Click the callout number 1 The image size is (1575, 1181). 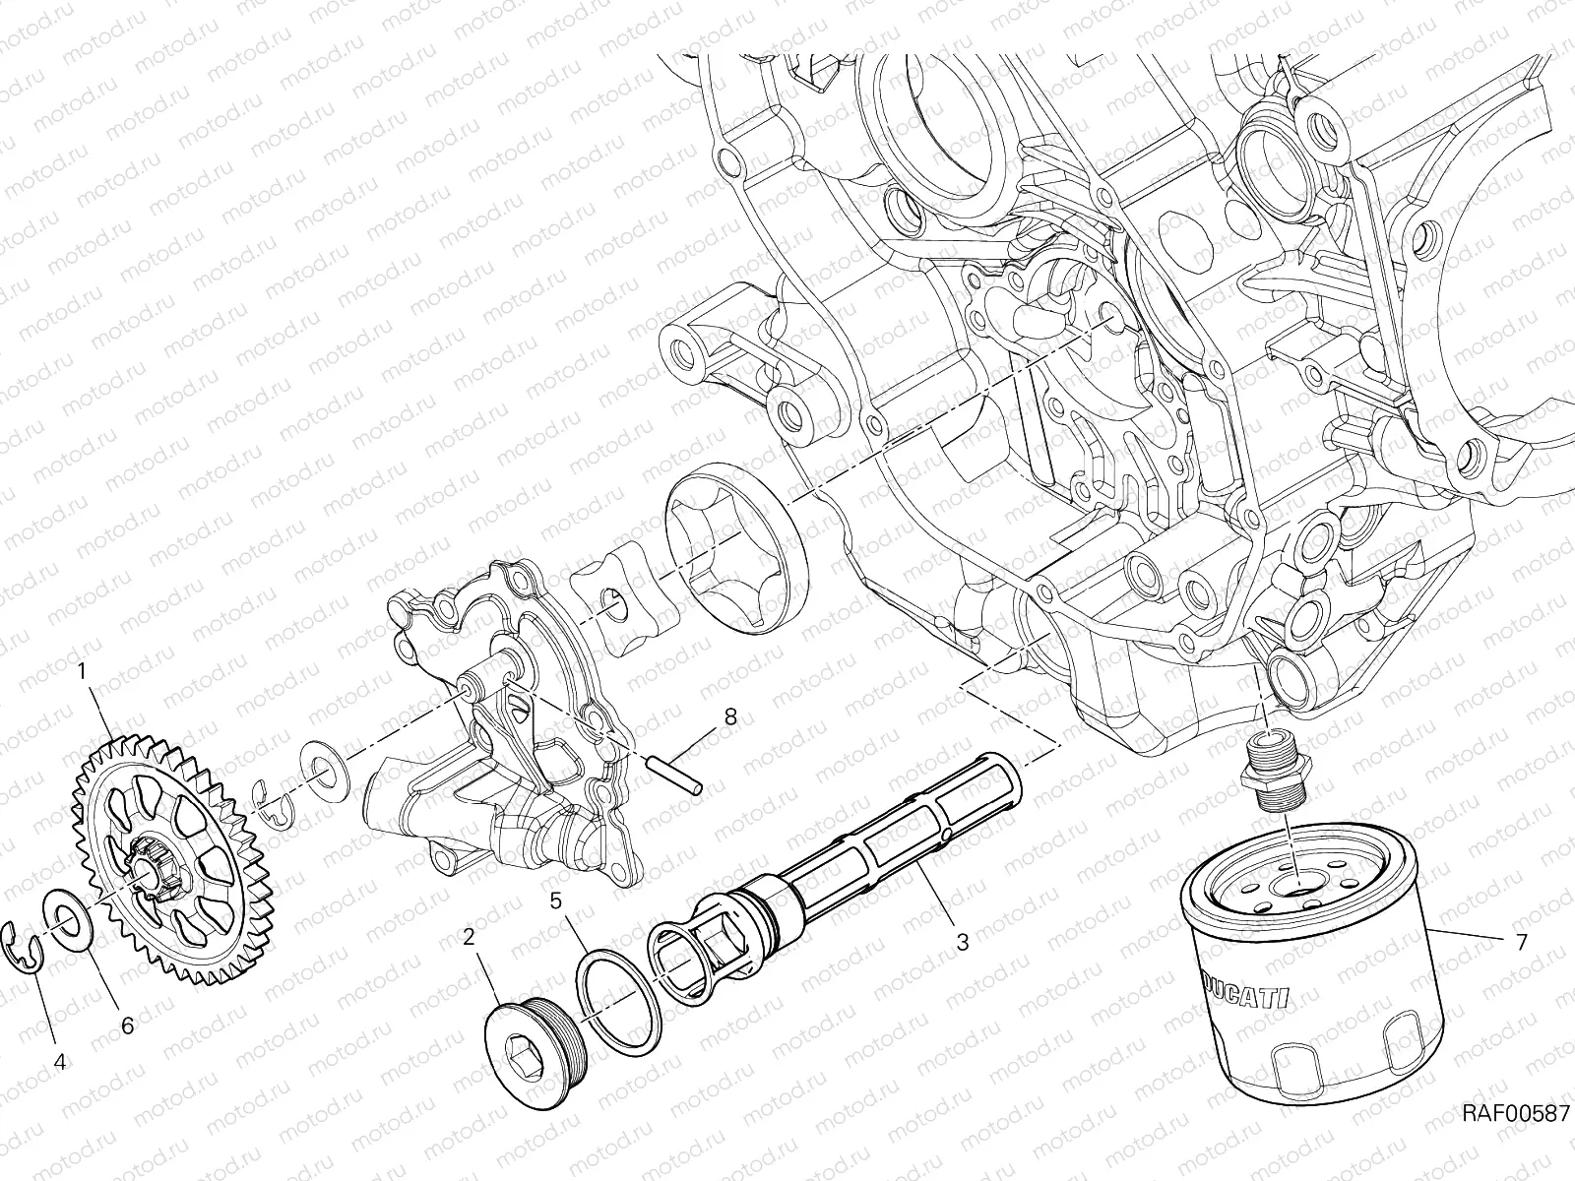tap(83, 670)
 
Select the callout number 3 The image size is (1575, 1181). tap(962, 942)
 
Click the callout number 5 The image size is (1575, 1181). tap(555, 900)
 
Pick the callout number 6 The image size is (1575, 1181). tap(126, 1025)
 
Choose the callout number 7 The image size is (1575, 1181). tap(1522, 943)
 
